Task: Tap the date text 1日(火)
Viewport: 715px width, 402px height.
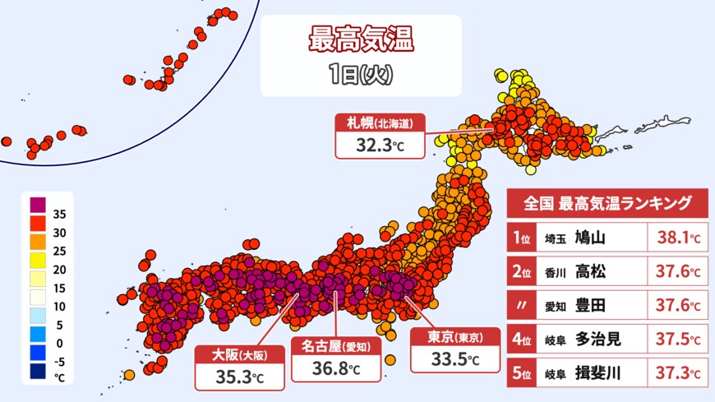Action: point(357,75)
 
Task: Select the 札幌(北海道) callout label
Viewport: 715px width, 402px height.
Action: point(379,123)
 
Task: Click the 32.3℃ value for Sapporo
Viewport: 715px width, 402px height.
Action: point(379,146)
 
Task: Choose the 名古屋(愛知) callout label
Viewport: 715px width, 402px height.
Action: point(334,347)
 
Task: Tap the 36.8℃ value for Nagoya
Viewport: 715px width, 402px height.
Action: point(334,369)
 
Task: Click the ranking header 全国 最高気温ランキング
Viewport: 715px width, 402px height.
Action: point(607,203)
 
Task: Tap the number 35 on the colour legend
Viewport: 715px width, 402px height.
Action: point(59,214)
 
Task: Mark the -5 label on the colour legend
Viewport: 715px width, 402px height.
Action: point(59,360)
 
